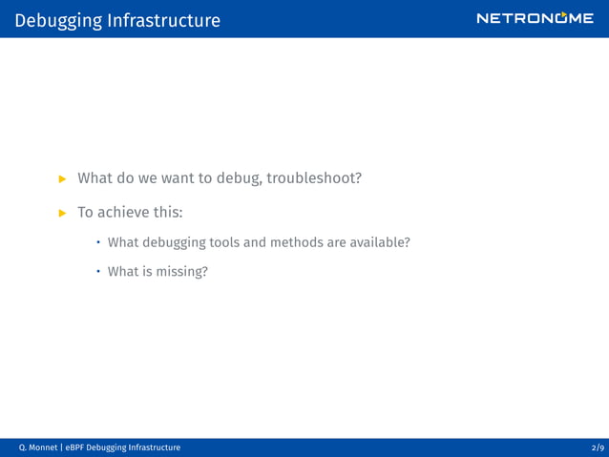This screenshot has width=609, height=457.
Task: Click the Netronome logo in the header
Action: pyautogui.click(x=535, y=18)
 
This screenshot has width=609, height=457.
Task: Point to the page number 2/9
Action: pyautogui.click(x=598, y=447)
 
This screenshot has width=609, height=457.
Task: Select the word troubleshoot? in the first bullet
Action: pyautogui.click(x=314, y=177)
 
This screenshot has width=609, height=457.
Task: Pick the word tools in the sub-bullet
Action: pyautogui.click(x=219, y=242)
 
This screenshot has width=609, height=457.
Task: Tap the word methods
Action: pyautogui.click(x=297, y=242)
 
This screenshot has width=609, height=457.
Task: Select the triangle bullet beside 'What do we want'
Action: pyautogui.click(x=63, y=178)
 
